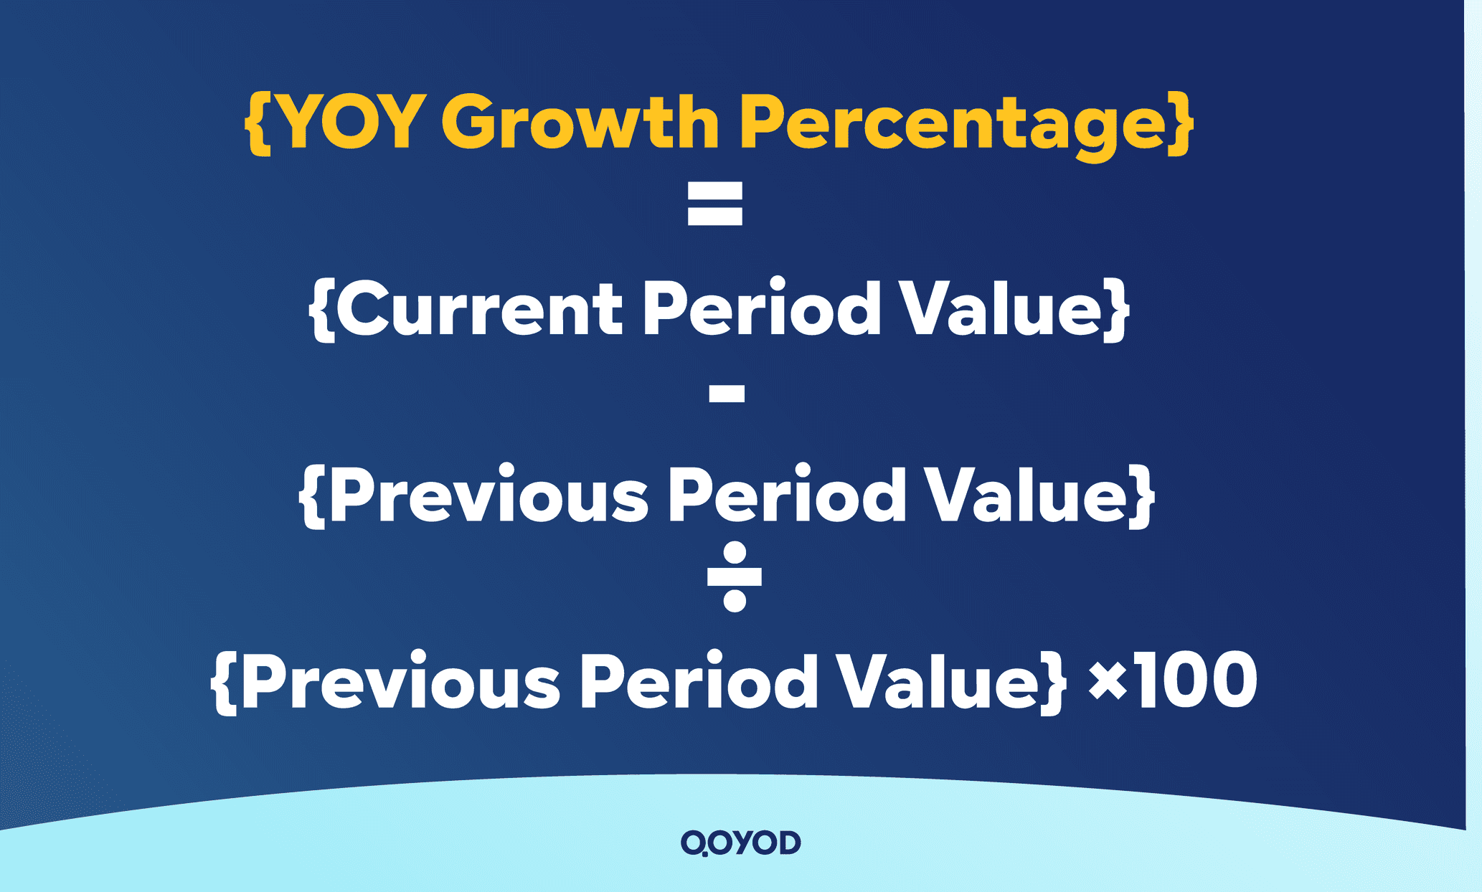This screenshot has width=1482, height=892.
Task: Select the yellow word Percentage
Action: click(x=958, y=123)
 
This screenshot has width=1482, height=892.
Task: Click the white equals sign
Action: click(x=714, y=204)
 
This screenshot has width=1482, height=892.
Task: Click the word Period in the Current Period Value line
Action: click(x=761, y=308)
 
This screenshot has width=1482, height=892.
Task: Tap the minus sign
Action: click(x=727, y=393)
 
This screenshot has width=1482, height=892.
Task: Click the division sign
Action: click(x=734, y=577)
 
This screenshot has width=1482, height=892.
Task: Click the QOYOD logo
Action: click(x=740, y=843)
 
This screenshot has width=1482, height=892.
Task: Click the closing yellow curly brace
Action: click(x=1180, y=123)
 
